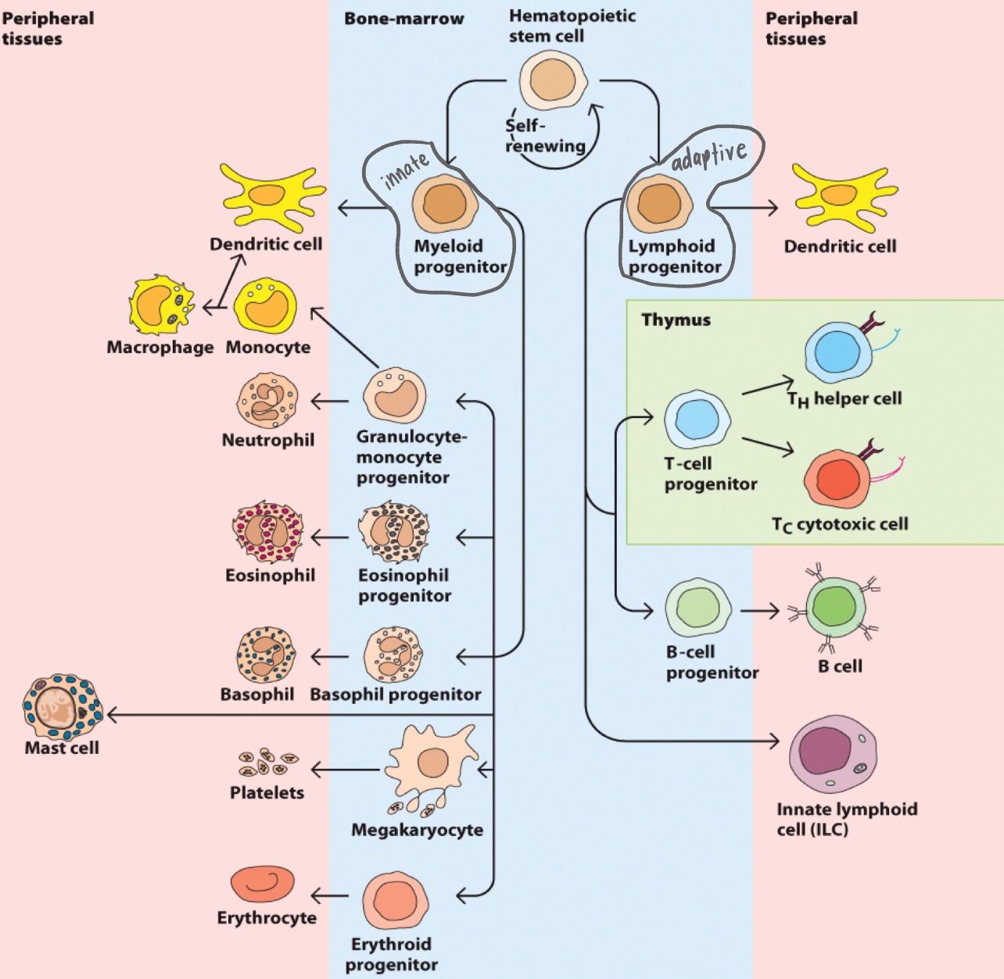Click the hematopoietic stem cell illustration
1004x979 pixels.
tap(554, 80)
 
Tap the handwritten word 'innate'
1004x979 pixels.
tap(405, 170)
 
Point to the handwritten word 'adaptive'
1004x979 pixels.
tap(709, 155)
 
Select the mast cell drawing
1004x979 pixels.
tap(63, 708)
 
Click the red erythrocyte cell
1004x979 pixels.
tap(263, 884)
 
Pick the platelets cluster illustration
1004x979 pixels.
tap(267, 763)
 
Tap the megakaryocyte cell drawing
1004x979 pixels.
tap(431, 763)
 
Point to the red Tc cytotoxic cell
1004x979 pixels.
tap(837, 478)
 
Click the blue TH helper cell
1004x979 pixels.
tap(838, 352)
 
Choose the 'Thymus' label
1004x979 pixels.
tap(676, 320)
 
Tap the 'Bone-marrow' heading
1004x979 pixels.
tap(403, 19)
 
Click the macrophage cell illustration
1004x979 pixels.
tap(161, 305)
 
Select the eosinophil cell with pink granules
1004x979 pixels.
tap(267, 531)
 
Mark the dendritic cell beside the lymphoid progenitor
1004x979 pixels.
tap(844, 198)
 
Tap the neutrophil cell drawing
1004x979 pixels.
tap(267, 400)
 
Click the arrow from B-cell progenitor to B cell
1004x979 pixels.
tap(759, 611)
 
